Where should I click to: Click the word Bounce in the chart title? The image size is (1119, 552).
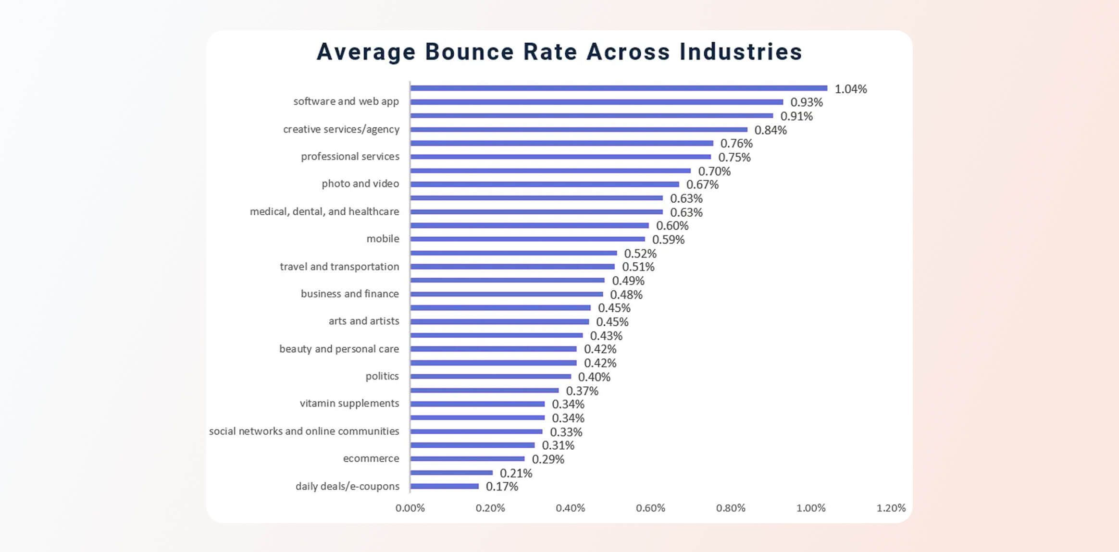(469, 52)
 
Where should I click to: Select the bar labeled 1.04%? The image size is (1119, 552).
(619, 88)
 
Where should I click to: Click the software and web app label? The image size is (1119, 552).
(346, 101)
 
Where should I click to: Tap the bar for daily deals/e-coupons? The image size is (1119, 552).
(445, 486)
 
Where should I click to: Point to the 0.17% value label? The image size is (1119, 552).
(502, 487)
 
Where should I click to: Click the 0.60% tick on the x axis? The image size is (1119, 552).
(650, 508)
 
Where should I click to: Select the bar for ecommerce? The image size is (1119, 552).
(467, 459)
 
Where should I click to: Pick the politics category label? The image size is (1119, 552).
(382, 376)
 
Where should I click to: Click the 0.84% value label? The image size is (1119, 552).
(771, 130)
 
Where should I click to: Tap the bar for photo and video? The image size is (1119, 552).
(545, 184)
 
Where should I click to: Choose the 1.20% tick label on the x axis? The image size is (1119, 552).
(891, 508)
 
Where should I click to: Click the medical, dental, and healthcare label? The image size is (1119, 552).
(324, 211)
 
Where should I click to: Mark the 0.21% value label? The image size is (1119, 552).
(516, 473)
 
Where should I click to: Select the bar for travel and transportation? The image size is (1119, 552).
(512, 267)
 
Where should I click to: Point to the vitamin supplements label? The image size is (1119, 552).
(349, 403)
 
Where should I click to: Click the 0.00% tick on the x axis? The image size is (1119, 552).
(410, 508)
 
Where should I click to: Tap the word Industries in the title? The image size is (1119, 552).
(741, 52)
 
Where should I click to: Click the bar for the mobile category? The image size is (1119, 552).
(528, 239)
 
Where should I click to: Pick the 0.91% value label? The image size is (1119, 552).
(796, 116)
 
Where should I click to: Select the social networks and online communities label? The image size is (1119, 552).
(304, 431)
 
